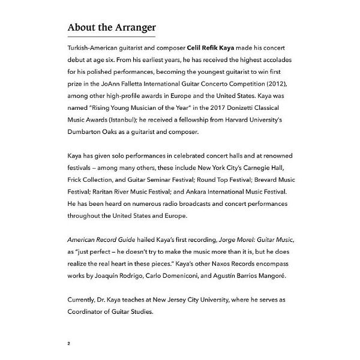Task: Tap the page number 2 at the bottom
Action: pos(70,328)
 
